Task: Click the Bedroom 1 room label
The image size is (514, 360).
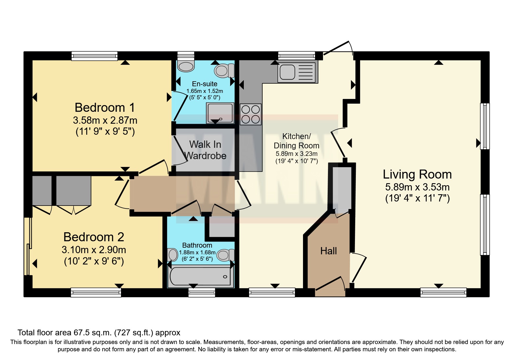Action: coord(105,108)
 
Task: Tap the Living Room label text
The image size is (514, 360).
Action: coord(417,174)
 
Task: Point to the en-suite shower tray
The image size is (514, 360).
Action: coord(220,113)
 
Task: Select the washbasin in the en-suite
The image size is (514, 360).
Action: coord(186,66)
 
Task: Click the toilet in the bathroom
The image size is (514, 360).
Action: coord(226,255)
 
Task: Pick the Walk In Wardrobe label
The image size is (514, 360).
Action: coord(205,150)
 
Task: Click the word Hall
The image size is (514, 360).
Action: coord(329,251)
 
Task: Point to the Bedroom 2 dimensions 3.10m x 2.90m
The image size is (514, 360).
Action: coord(94,250)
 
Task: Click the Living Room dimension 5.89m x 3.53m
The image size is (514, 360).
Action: coord(417,187)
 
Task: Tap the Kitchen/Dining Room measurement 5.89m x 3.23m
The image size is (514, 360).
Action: coord(296,154)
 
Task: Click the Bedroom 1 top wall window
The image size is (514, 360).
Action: coord(95,56)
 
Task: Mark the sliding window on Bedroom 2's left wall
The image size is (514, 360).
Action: coord(28,247)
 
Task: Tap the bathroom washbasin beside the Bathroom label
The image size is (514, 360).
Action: coord(173,255)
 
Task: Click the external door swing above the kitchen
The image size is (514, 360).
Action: coord(338,48)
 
